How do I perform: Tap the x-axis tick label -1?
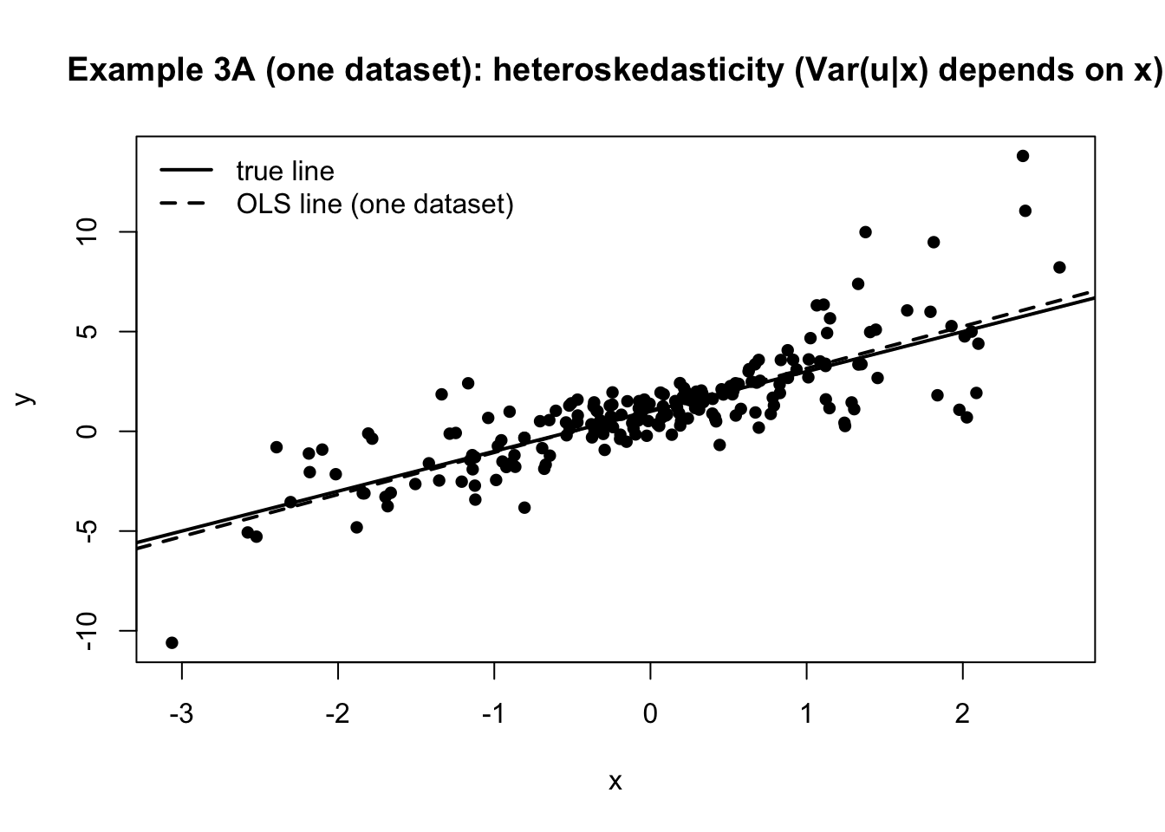tap(492, 715)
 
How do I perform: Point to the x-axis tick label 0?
tap(650, 715)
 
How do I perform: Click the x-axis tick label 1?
tap(806, 715)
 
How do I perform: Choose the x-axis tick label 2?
tap(962, 715)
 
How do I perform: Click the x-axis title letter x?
tap(615, 782)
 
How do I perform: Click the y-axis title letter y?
tap(25, 398)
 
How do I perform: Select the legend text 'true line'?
tap(284, 171)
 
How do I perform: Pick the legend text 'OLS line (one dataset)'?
tap(374, 205)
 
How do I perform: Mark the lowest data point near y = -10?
tap(172, 642)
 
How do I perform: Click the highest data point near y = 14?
tap(1023, 156)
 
